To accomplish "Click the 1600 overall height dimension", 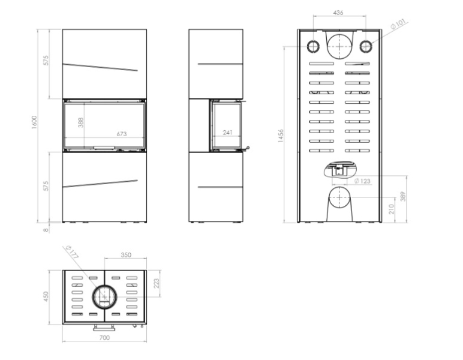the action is click(34, 122).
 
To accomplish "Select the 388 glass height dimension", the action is click(80, 122).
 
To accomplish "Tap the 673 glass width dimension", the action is click(121, 134).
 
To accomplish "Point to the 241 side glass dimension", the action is click(228, 133).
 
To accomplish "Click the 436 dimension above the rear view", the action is click(338, 13).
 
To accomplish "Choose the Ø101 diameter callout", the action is click(398, 24).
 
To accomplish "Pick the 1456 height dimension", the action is click(281, 136).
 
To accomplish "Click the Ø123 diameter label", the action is click(362, 181).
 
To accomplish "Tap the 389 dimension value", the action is click(403, 196).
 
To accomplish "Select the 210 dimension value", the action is click(392, 209).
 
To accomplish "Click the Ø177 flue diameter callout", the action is click(72, 252).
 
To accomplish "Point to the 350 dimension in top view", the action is click(126, 255).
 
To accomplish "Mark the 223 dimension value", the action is click(156, 283).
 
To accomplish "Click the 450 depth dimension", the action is click(46, 296).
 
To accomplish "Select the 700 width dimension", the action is click(104, 338).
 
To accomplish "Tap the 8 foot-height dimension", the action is click(46, 229).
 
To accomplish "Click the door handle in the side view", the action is click(246, 148).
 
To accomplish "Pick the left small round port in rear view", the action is click(313, 46).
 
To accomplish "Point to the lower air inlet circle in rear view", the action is click(339, 187).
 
